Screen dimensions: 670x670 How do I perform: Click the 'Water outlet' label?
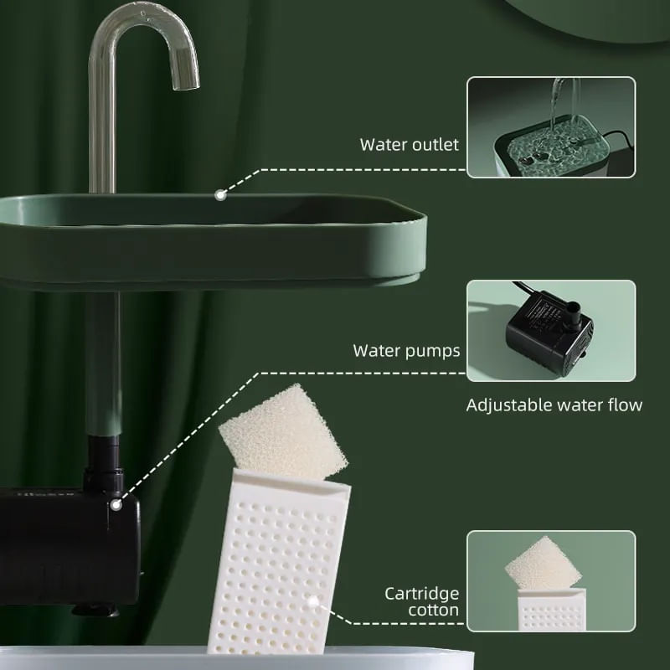[x=409, y=144]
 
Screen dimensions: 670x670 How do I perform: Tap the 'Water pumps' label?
[x=406, y=350]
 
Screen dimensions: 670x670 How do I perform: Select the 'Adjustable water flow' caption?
[x=554, y=405]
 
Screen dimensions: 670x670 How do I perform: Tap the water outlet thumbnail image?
[x=550, y=127]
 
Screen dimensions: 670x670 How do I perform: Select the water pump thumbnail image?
[x=550, y=331]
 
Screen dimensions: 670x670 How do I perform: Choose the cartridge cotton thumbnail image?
[x=550, y=580]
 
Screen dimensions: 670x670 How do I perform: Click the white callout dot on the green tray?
[x=220, y=194]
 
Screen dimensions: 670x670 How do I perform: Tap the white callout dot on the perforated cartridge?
[x=313, y=600]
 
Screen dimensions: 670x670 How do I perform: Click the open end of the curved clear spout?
[x=186, y=82]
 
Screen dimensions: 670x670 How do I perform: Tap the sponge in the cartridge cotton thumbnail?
[x=543, y=564]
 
